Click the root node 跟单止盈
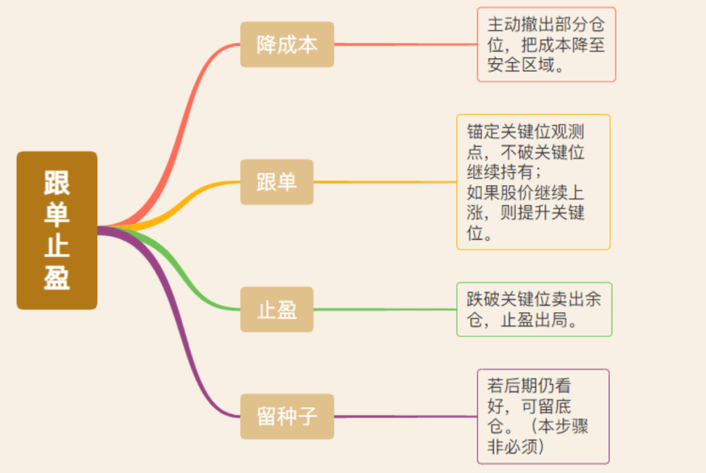pos(57,230)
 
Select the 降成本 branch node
pos(287,44)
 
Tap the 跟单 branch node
pos(276,182)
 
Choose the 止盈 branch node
pos(276,309)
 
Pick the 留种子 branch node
pos(287,416)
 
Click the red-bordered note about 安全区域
pos(546,44)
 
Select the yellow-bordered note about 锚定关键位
pos(533,182)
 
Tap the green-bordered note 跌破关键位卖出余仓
pos(534,309)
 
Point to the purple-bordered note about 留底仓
pos(543,416)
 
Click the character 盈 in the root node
pos(57,278)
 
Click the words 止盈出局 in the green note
pos(543,320)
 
